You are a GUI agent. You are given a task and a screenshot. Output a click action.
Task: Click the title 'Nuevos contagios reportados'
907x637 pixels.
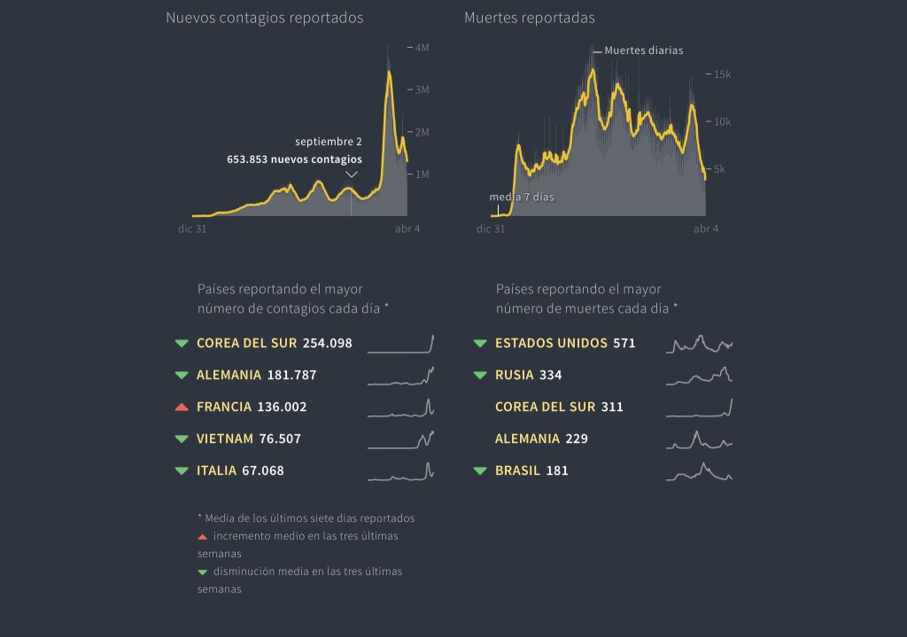264,18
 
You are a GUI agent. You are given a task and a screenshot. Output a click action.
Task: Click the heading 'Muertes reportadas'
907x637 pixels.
530,18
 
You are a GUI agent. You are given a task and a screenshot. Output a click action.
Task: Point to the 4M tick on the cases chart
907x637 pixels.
422,47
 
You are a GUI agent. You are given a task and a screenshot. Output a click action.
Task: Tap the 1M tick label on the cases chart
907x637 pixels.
422,175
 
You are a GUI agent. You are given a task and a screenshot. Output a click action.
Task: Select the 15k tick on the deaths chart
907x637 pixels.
722,74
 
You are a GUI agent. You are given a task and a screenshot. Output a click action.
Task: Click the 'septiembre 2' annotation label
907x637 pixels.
329,142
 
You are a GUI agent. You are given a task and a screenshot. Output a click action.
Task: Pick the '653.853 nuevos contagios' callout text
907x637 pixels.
295,160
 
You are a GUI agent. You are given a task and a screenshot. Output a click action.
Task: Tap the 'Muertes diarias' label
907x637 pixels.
644,50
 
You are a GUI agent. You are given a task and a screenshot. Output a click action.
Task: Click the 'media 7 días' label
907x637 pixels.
522,197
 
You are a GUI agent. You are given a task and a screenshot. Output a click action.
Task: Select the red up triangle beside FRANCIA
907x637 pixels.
182,408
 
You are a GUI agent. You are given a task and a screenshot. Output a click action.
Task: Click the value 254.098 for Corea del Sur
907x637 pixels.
327,344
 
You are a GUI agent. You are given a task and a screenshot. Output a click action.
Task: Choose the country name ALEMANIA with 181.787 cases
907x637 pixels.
229,376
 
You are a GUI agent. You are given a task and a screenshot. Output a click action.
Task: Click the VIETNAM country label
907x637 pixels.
225,439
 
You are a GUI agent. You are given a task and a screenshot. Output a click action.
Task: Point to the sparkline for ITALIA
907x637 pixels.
401,471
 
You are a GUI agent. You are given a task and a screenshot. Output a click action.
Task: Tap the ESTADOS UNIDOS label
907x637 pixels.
551,344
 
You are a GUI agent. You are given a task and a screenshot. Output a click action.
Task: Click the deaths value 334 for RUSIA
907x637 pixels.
550,376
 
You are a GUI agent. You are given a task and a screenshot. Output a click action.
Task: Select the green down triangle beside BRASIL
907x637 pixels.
480,471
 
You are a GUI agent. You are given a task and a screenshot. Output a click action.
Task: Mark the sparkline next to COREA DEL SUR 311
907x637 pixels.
699,408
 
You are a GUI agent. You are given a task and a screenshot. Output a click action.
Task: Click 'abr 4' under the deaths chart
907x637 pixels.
706,229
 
